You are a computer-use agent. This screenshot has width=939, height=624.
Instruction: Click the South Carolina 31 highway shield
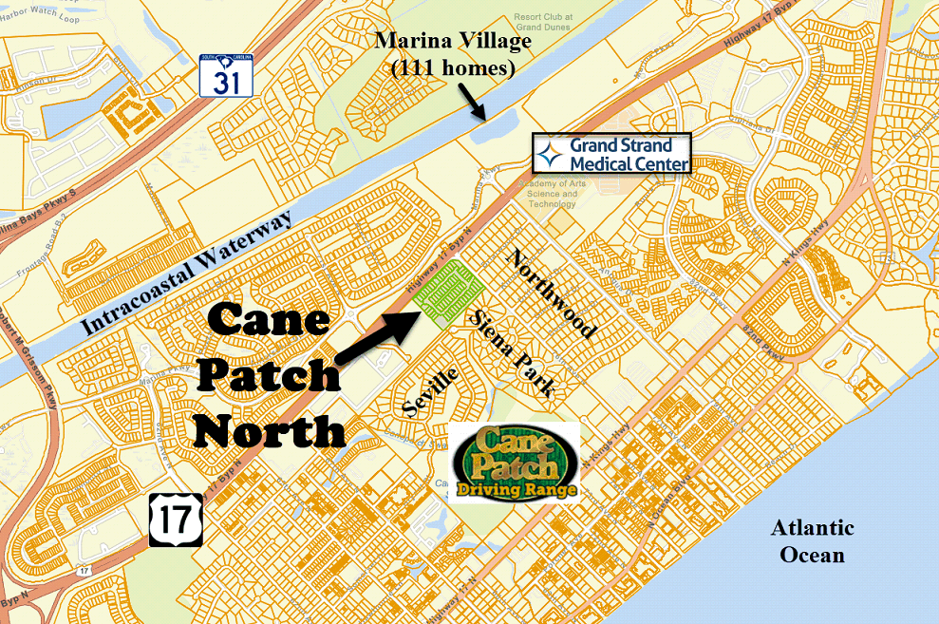(226, 75)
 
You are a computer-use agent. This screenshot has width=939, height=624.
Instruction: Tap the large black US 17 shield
(176, 519)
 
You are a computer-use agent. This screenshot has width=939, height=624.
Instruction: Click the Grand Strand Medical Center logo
(611, 153)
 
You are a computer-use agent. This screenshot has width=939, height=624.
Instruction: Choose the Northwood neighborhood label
(552, 293)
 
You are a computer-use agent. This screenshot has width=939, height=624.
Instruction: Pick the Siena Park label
(512, 351)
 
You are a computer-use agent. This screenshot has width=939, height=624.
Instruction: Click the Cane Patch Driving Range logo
(514, 463)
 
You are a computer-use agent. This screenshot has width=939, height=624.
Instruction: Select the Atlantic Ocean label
(812, 541)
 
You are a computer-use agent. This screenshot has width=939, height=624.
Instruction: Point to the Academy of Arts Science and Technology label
(552, 193)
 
